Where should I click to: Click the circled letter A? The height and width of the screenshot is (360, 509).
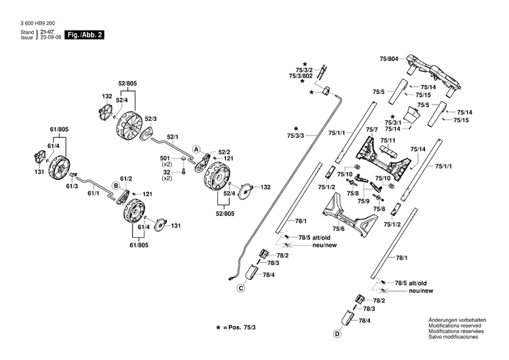pyautogui.click(x=196, y=148)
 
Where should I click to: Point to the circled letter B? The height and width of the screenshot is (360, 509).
pyautogui.click(x=116, y=185)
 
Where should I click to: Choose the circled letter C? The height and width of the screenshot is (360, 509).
pyautogui.click(x=240, y=288)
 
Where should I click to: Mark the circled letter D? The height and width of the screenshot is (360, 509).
pyautogui.click(x=337, y=334)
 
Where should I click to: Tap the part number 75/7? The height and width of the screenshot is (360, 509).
pyautogui.click(x=372, y=130)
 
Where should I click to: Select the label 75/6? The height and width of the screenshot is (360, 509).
pyautogui.click(x=338, y=229)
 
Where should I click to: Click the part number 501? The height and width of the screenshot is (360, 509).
pyautogui.click(x=166, y=158)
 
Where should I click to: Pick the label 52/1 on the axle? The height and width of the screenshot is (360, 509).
pyautogui.click(x=174, y=137)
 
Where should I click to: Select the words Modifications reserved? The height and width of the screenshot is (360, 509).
pyautogui.click(x=453, y=325)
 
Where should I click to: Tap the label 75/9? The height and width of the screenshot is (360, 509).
pyautogui.click(x=364, y=202)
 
